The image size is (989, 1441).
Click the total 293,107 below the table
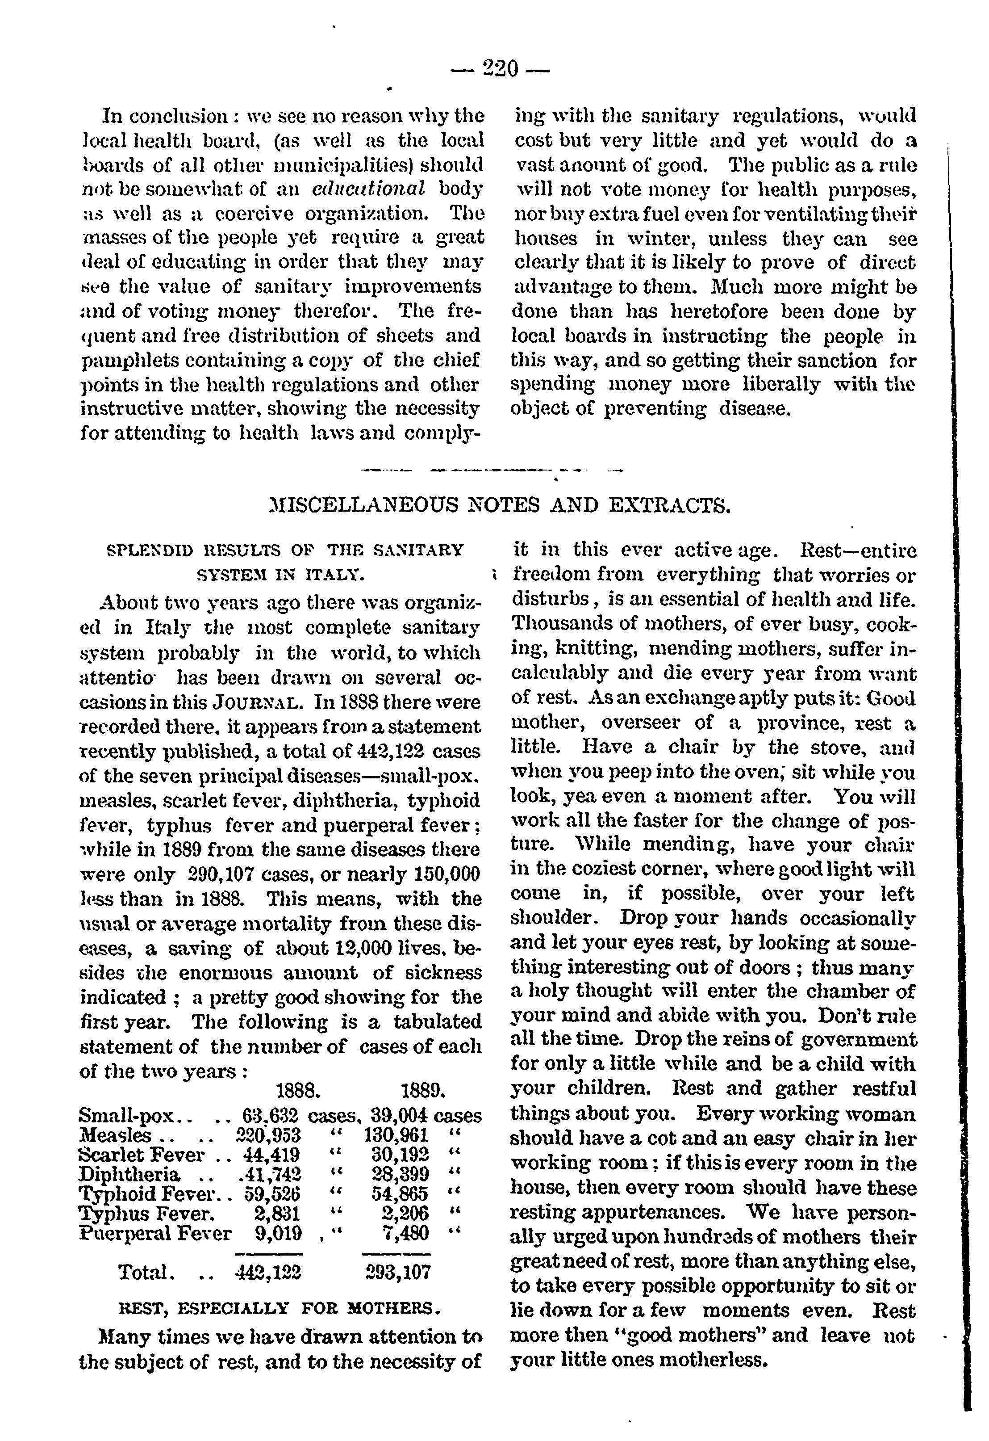396,1273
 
